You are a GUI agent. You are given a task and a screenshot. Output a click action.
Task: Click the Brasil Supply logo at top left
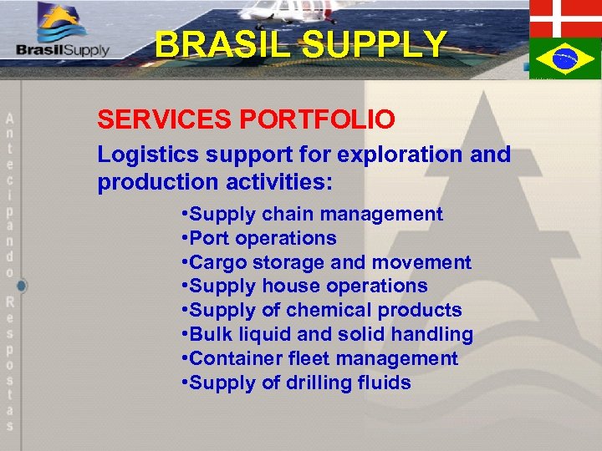tap(63, 34)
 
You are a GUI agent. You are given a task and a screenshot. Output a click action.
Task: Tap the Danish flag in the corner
tap(565, 17)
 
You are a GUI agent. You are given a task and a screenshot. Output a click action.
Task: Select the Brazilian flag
tap(565, 58)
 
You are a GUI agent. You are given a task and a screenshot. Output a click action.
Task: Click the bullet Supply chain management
tap(312, 214)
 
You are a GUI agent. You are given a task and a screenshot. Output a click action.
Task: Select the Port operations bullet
tap(258, 238)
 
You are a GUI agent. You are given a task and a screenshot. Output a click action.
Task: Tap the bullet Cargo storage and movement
tap(326, 262)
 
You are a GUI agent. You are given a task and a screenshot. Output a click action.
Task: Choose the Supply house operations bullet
tap(304, 286)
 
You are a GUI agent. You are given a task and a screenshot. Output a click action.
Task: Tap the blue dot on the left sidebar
tap(22, 286)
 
